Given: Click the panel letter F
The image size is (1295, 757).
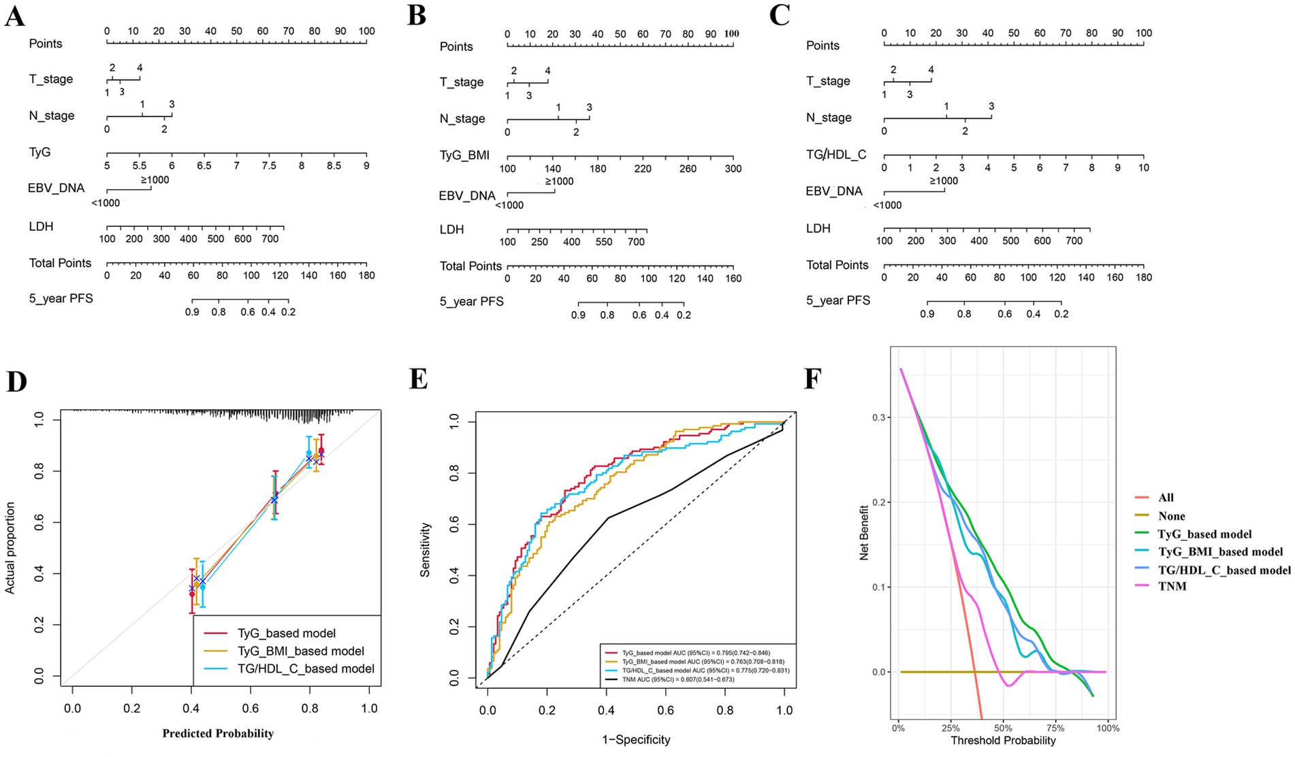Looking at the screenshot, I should click(x=812, y=378).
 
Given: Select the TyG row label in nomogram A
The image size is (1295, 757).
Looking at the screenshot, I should click(x=40, y=152).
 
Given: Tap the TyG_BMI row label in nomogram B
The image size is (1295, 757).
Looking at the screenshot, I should click(x=464, y=155).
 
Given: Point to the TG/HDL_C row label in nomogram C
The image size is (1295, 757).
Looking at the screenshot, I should click(x=836, y=155).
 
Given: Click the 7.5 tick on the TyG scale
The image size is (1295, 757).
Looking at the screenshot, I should click(x=269, y=165).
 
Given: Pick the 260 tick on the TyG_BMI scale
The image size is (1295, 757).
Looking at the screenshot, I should click(x=688, y=169).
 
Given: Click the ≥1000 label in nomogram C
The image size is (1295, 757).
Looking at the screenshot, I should click(x=943, y=181).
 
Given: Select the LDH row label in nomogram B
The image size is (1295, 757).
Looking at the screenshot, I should click(x=451, y=229).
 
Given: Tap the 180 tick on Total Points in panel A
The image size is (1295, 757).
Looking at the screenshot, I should click(x=367, y=276).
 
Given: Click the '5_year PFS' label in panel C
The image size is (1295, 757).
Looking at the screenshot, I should click(x=838, y=300).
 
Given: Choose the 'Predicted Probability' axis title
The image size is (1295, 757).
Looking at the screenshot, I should click(x=218, y=733).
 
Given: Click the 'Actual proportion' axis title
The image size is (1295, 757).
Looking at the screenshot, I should click(x=10, y=548).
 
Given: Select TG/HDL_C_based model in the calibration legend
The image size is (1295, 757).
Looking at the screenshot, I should click(x=306, y=669).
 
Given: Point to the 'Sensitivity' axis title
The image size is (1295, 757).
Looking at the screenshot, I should click(x=426, y=549).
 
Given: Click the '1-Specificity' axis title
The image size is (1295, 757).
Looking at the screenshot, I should click(x=636, y=739).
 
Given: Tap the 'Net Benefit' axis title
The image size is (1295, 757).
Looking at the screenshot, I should click(x=865, y=532).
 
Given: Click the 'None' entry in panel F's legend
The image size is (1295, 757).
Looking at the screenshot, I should click(x=1171, y=516).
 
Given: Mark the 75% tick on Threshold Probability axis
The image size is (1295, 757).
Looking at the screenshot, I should click(x=1055, y=728).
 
